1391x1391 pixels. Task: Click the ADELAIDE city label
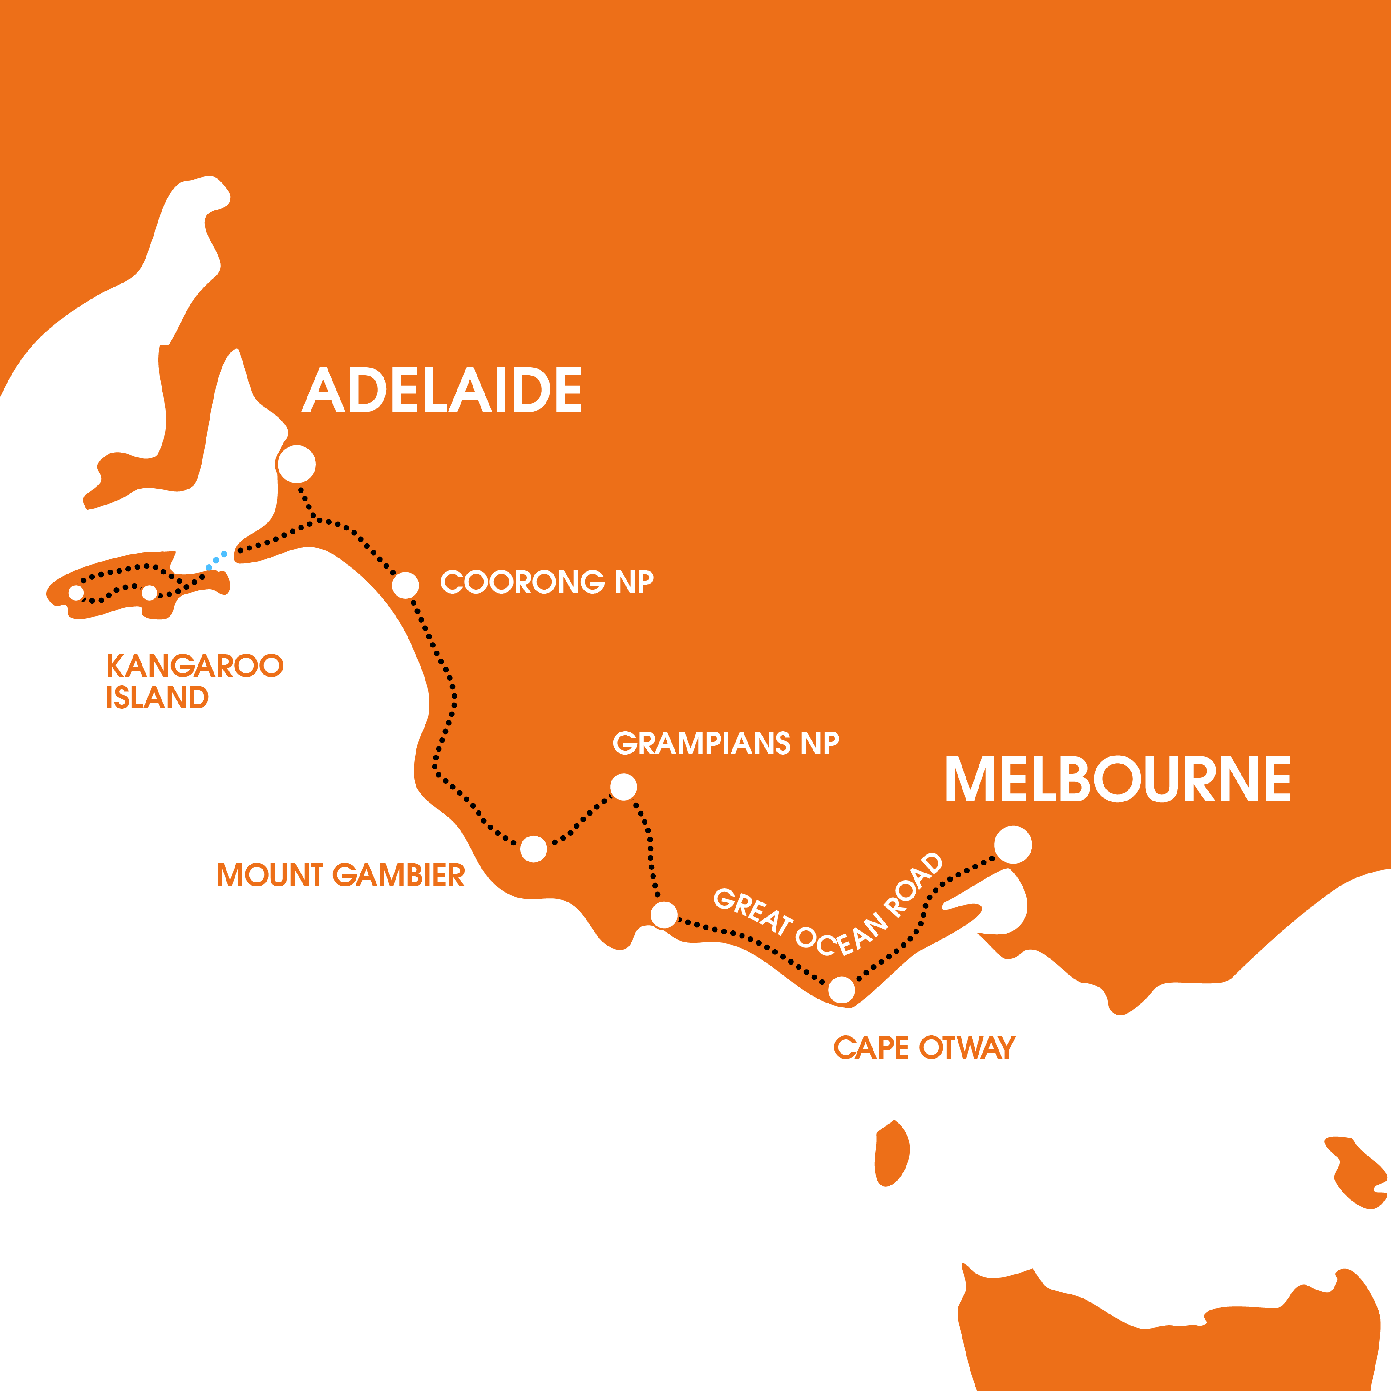441,389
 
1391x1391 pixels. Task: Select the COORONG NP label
546,582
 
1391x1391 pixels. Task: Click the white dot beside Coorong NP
405,585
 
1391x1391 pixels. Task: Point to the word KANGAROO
194,666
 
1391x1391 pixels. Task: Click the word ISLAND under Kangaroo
157,698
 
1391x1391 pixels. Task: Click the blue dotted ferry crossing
217,559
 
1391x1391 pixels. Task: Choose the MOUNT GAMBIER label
340,876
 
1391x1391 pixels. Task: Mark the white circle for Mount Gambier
534,849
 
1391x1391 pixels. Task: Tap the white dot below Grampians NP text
623,786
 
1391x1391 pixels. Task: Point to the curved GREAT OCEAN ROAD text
828,911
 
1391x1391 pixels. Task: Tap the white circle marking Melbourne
1013,845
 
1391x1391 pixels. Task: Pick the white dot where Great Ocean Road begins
664,914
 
